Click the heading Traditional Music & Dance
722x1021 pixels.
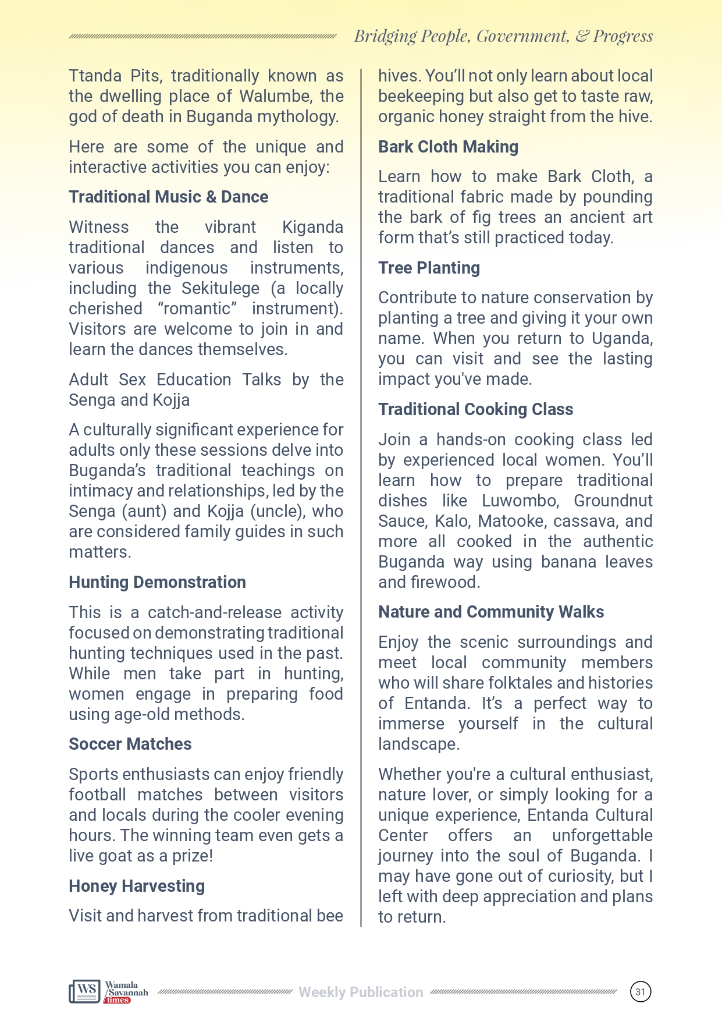point(168,197)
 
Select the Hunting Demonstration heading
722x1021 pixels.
point(157,582)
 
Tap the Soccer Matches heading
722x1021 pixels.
point(130,744)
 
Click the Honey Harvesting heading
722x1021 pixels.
point(137,886)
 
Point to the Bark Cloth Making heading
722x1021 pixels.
point(448,147)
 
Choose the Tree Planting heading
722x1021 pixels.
point(429,268)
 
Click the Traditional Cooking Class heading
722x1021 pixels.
point(475,409)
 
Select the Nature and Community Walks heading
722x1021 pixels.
point(490,612)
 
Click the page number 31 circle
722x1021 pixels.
point(640,992)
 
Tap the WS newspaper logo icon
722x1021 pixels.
point(85,991)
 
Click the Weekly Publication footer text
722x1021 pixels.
point(361,992)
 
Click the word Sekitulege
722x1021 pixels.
point(220,288)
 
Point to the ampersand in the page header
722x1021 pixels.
point(582,36)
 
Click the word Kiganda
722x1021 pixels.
point(312,227)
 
